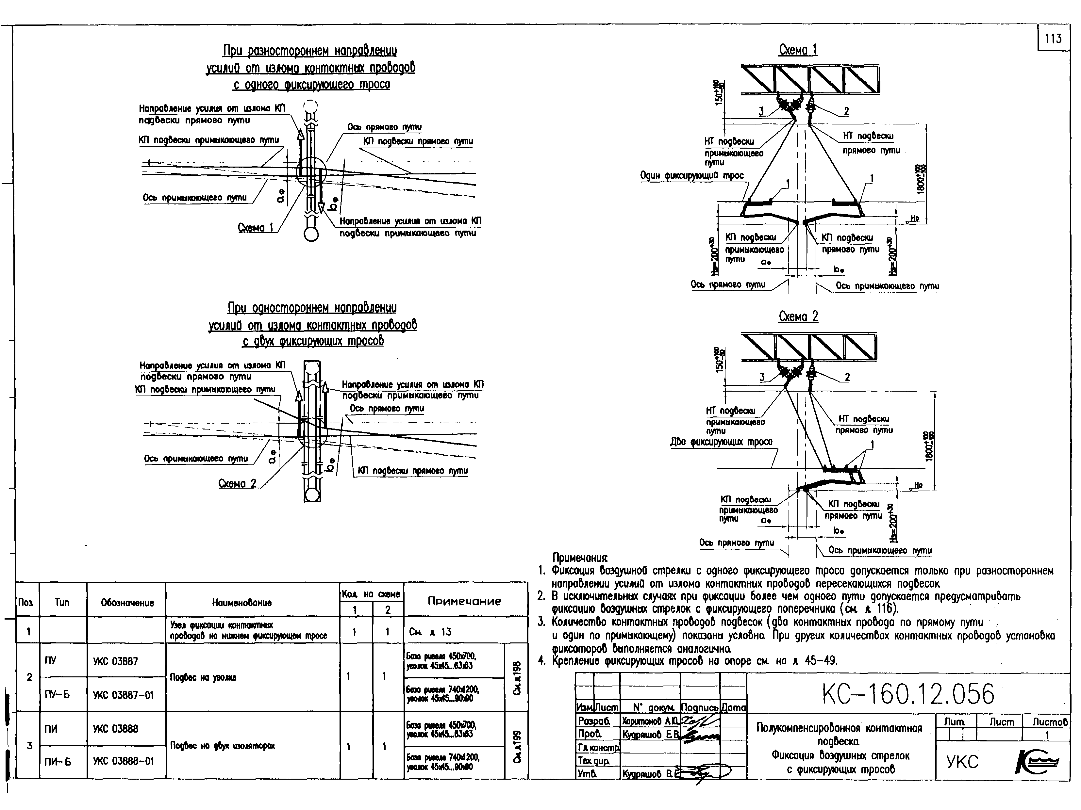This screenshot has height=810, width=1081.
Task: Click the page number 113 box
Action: pyautogui.click(x=1053, y=38)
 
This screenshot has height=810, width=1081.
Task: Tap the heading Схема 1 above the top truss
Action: pyautogui.click(x=798, y=50)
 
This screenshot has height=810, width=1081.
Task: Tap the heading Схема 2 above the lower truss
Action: pyautogui.click(x=798, y=316)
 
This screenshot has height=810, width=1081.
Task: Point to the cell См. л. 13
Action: pyautogui.click(x=430, y=632)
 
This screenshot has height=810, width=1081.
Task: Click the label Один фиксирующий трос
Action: pyautogui.click(x=692, y=175)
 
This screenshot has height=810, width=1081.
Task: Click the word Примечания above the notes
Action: pyautogui.click(x=580, y=558)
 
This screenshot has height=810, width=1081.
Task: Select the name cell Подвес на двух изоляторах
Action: pyautogui.click(x=222, y=746)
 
